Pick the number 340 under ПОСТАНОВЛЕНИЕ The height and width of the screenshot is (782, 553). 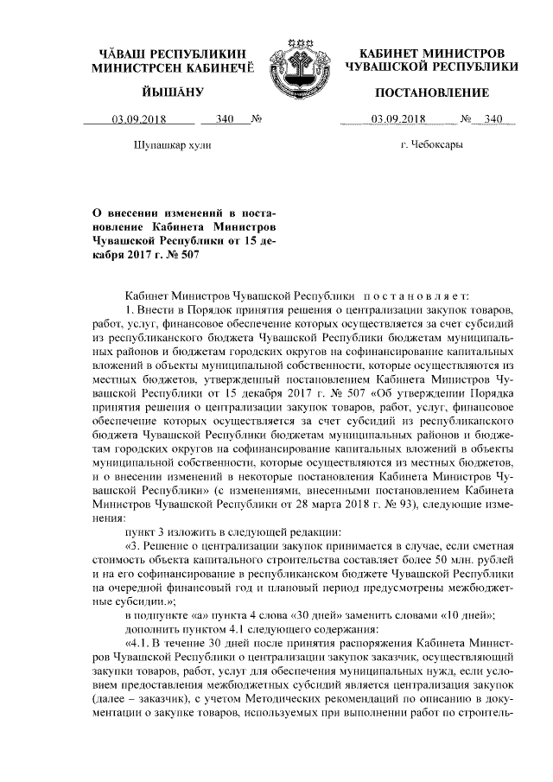(493, 120)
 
